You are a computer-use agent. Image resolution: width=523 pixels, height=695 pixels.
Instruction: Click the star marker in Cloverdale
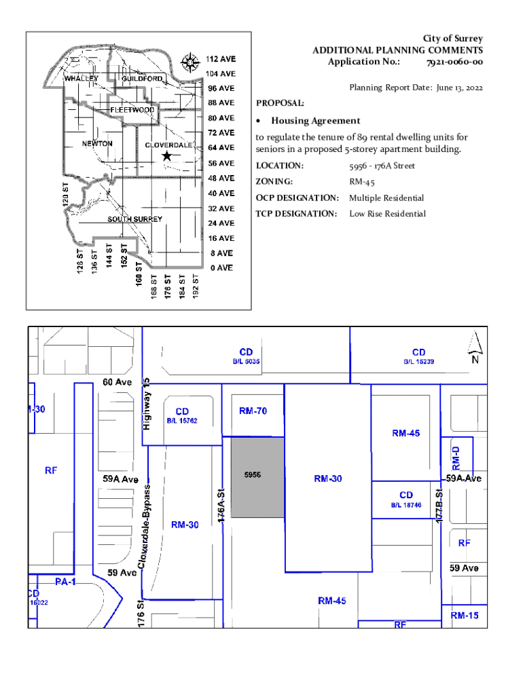coord(166,156)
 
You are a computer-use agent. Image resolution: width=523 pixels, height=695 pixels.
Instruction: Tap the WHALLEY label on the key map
coord(82,79)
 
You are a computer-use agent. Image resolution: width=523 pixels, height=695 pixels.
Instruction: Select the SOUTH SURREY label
coord(134,219)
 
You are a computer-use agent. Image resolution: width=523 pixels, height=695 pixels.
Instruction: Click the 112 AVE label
coord(221,58)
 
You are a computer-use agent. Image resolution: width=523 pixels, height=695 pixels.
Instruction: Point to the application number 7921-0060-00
coord(454,62)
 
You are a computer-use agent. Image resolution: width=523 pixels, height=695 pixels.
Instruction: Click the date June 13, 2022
coord(450,88)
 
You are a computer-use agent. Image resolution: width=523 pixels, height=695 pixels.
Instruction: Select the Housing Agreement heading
coord(316,121)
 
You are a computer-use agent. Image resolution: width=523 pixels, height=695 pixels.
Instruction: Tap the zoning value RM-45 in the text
coord(362,182)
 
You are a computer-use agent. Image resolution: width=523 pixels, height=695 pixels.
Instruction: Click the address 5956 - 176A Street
coord(382,166)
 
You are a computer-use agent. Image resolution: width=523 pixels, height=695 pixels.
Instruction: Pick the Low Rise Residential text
coord(387,214)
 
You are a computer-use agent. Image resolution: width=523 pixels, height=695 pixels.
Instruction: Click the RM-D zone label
coord(456,458)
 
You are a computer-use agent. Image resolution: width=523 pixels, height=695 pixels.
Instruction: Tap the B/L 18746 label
coord(405,505)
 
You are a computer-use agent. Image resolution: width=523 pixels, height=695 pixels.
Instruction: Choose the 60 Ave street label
coord(117,382)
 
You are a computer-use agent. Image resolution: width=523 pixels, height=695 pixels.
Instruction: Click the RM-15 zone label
coord(465,616)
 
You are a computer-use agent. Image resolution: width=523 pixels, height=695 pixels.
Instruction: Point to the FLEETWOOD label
coord(132,110)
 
